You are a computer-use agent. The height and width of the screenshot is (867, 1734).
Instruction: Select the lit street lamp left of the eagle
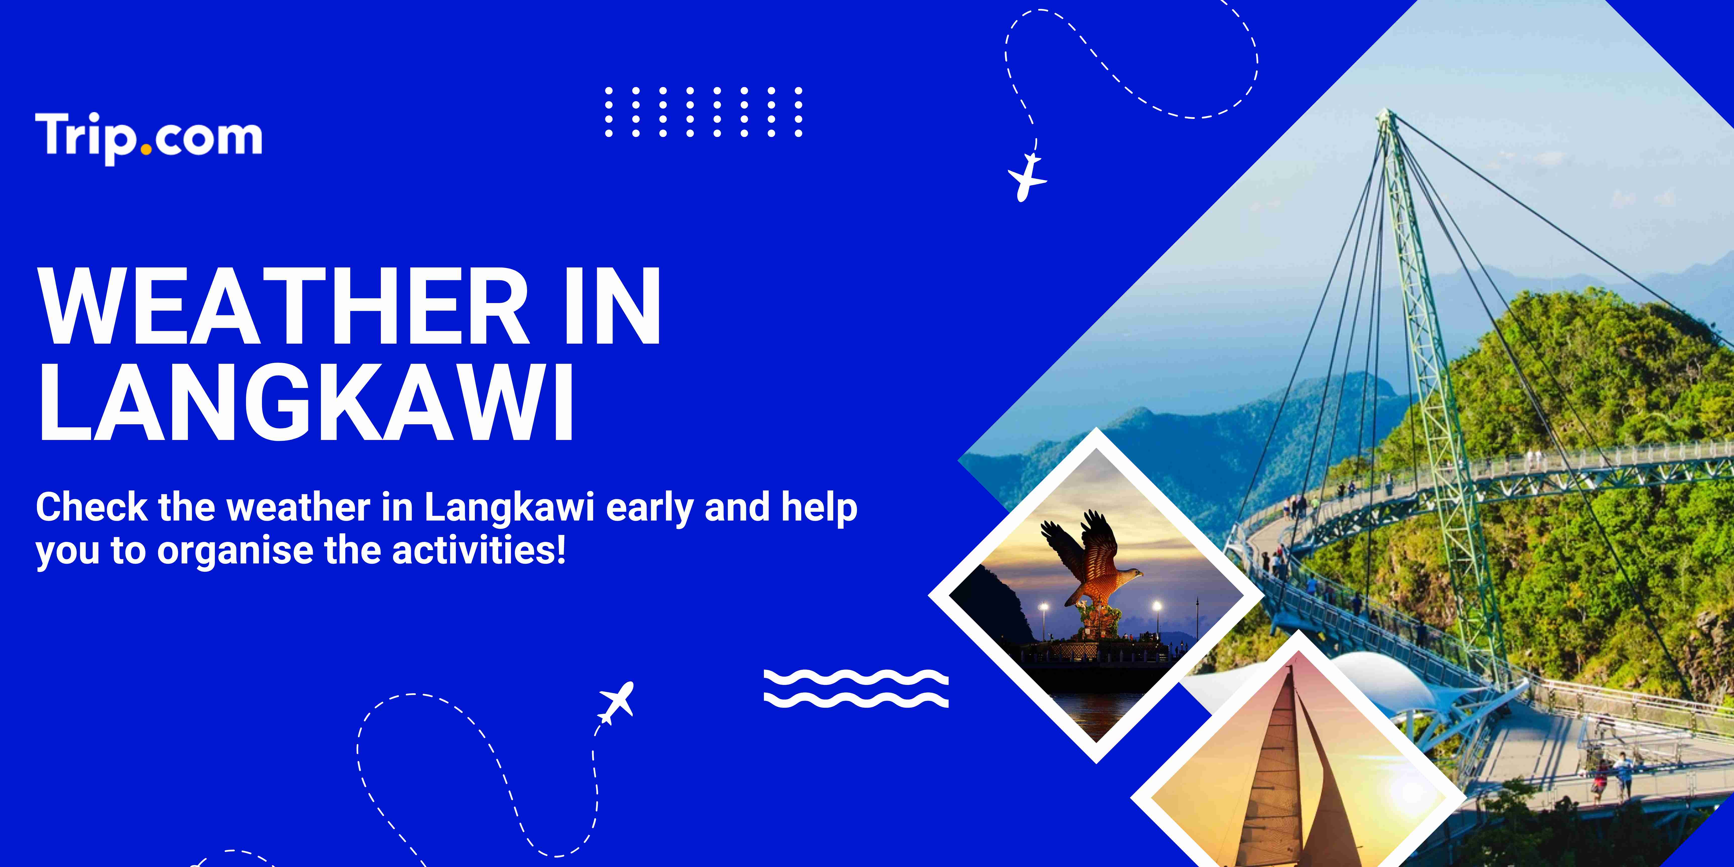pos(1043,607)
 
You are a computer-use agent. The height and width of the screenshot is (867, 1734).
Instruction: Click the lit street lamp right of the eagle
pos(1157,607)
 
